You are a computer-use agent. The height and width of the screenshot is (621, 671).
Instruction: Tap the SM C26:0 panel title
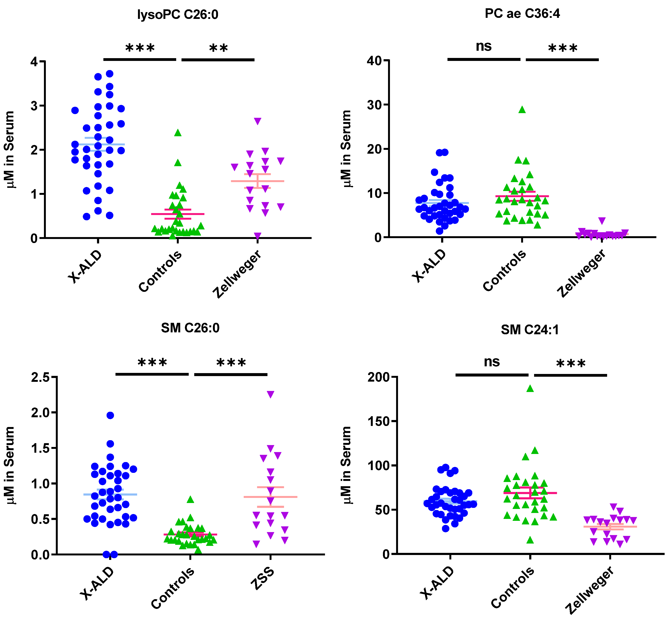190,328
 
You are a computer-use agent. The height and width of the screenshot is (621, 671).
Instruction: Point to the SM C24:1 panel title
530,330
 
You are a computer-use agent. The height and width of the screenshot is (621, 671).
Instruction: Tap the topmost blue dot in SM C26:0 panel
110,415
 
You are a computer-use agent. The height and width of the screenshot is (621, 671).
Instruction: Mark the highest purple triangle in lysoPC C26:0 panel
257,121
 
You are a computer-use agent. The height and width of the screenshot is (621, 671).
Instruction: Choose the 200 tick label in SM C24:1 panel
378,377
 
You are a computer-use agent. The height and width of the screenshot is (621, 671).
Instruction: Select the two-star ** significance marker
218,48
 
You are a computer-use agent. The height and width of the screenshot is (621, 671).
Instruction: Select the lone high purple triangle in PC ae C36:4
602,221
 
